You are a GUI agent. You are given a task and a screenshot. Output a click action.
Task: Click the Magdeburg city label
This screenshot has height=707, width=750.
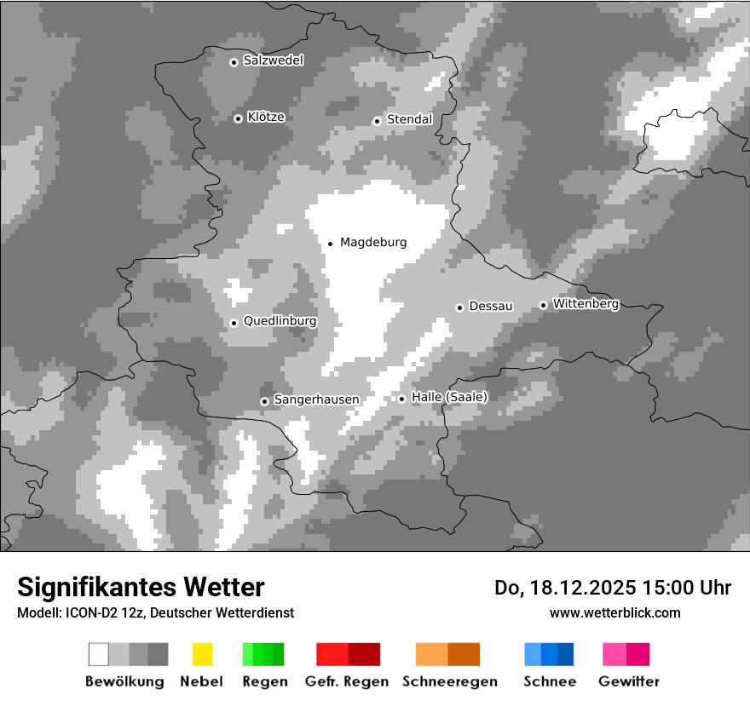tap(373, 243)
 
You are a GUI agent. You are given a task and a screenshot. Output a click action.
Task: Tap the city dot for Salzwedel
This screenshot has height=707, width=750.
tap(234, 62)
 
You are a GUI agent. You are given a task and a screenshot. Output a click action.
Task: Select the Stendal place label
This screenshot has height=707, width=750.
tap(409, 120)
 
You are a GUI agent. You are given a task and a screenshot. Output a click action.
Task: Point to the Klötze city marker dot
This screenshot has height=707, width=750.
tap(238, 118)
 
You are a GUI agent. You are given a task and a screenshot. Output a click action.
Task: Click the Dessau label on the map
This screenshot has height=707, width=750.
tap(491, 306)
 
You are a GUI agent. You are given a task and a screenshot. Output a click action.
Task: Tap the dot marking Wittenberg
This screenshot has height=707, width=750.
tap(543, 305)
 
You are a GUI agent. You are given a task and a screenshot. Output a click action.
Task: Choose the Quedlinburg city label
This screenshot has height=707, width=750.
tap(280, 322)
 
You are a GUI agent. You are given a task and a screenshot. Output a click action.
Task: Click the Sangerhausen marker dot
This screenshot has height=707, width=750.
tap(264, 401)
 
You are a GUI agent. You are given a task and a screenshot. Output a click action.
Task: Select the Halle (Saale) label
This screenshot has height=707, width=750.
tap(449, 398)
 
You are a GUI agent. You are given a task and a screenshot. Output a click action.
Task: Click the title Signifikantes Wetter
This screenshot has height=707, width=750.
tap(141, 587)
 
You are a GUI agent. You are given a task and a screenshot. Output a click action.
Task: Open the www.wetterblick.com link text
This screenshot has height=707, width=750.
tap(614, 612)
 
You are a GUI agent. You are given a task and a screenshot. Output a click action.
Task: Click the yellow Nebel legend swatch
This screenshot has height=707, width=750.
tap(202, 654)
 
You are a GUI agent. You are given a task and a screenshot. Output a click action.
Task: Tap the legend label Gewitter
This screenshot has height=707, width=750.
tap(628, 681)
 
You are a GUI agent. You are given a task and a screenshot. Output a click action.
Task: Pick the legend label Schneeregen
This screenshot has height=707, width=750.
tap(449, 681)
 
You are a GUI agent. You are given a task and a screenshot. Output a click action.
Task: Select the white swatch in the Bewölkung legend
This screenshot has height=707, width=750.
tap(99, 654)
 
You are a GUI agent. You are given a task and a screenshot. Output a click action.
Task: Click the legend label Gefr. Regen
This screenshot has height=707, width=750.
tap(347, 681)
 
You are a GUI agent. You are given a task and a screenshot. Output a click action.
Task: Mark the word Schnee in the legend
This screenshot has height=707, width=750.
tap(549, 681)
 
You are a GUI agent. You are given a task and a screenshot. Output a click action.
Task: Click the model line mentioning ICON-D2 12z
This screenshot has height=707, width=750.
tap(155, 612)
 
